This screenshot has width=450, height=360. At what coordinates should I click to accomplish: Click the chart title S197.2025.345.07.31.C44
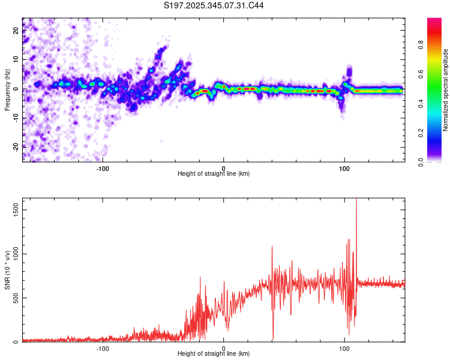point(214,5)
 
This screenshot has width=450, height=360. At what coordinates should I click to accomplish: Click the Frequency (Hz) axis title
point(7,90)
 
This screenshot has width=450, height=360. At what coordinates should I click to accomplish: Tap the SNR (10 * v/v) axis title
point(7,270)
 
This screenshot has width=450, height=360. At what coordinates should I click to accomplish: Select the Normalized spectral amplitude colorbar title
point(446,90)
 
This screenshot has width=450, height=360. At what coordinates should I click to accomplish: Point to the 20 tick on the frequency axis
point(16,30)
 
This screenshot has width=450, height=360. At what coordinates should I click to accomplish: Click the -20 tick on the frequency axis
point(16,146)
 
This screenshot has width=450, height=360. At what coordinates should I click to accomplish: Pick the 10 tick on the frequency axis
point(16,59)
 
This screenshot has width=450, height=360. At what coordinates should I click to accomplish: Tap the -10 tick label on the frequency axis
point(16,118)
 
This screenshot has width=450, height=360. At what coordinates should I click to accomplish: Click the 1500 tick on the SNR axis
point(16,208)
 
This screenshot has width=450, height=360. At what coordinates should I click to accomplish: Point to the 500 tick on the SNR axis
point(16,298)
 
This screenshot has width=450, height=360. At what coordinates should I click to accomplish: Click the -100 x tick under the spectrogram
point(103,167)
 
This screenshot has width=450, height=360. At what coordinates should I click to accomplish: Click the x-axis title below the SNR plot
point(214,354)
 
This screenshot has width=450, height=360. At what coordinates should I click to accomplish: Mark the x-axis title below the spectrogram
point(214,174)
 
